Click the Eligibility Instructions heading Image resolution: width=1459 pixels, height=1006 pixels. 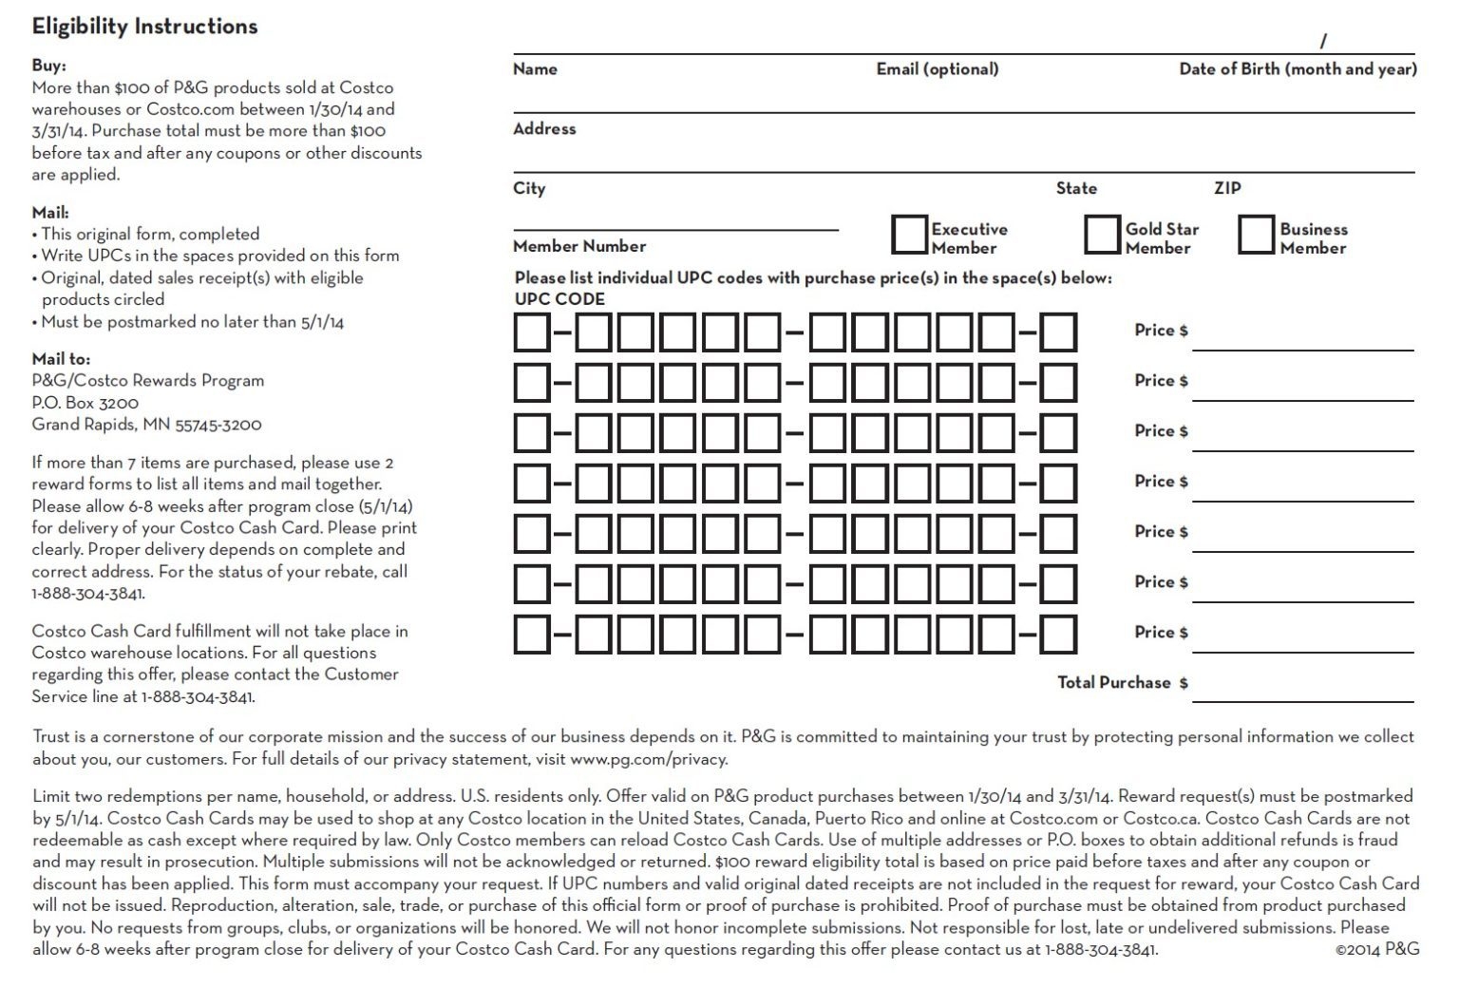pyautogui.click(x=144, y=27)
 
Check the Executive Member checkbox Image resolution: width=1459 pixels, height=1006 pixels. pyautogui.click(x=909, y=235)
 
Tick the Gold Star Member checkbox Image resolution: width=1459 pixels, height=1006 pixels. pyautogui.click(x=1102, y=235)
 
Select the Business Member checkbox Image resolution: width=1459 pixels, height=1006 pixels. pyautogui.click(x=1256, y=235)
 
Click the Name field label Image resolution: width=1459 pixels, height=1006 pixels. pyautogui.click(x=535, y=69)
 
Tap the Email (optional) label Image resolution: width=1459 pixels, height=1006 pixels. pyautogui.click(x=937, y=69)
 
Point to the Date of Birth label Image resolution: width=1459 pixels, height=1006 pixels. pyautogui.click(x=1298, y=69)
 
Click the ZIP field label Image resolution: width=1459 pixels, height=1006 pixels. pyautogui.click(x=1227, y=188)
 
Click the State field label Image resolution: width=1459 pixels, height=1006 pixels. pyautogui.click(x=1076, y=188)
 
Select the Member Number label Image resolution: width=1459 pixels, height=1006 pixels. pyautogui.click(x=579, y=246)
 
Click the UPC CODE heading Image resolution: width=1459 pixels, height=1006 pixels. pyautogui.click(x=559, y=299)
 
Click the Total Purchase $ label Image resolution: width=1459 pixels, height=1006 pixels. pyautogui.click(x=1122, y=683)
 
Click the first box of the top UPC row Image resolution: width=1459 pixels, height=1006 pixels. pyautogui.click(x=532, y=332)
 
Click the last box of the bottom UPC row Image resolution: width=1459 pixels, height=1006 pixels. pyautogui.click(x=1058, y=635)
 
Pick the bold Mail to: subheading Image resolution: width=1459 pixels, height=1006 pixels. pyautogui.click(x=61, y=359)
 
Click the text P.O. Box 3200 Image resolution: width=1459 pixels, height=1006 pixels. pyautogui.click(x=85, y=403)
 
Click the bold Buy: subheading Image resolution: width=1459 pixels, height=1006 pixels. pyautogui.click(x=48, y=66)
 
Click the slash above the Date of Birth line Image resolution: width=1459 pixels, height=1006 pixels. pyautogui.click(x=1322, y=41)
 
